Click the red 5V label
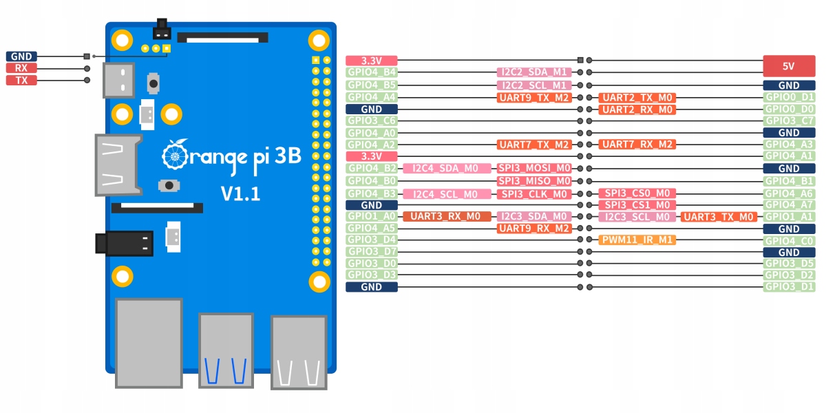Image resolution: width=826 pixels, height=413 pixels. point(789,67)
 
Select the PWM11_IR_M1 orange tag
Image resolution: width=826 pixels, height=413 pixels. point(637,240)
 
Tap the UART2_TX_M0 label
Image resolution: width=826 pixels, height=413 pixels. point(637,98)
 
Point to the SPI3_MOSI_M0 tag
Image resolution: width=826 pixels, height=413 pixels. point(534,169)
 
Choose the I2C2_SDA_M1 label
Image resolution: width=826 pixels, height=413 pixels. point(534,72)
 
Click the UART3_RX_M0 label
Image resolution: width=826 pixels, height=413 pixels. point(447,217)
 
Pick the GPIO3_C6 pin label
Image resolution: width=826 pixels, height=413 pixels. point(372,121)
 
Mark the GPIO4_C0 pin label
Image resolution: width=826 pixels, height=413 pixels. point(789,241)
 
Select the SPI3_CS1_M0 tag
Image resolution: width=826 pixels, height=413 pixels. point(637,205)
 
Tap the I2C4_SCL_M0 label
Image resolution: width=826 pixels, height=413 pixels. point(447,194)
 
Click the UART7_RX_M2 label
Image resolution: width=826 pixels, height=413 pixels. point(637,145)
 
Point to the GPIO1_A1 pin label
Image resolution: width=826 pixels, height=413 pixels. point(789,217)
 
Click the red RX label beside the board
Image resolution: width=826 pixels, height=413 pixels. point(21,68)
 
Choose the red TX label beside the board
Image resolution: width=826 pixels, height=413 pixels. point(21,81)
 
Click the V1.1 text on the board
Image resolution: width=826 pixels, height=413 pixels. point(240,193)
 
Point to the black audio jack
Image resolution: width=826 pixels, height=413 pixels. point(124,244)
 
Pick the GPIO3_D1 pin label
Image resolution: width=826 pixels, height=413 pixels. point(789,287)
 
